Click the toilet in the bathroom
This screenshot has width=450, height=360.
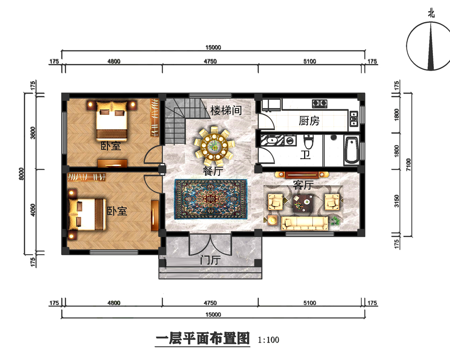coord(309,142)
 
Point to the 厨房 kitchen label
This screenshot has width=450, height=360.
coord(309,121)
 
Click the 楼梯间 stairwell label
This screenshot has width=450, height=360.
coord(226,110)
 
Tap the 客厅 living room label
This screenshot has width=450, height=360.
coord(303,185)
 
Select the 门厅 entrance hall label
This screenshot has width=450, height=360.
coord(210,260)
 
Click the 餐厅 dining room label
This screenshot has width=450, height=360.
coord(213,171)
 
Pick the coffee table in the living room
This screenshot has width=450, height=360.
coord(303,203)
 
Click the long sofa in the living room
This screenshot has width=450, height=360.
coord(305,223)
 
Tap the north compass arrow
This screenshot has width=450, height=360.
coord(431,47)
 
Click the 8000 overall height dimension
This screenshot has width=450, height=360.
coord(22,174)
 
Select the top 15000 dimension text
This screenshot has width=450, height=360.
coord(213,47)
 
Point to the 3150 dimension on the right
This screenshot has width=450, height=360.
coord(396,201)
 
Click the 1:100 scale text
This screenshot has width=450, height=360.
coord(269,340)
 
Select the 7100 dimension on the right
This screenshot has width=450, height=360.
coord(409,165)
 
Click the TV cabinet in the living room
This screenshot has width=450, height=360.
coord(301,175)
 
